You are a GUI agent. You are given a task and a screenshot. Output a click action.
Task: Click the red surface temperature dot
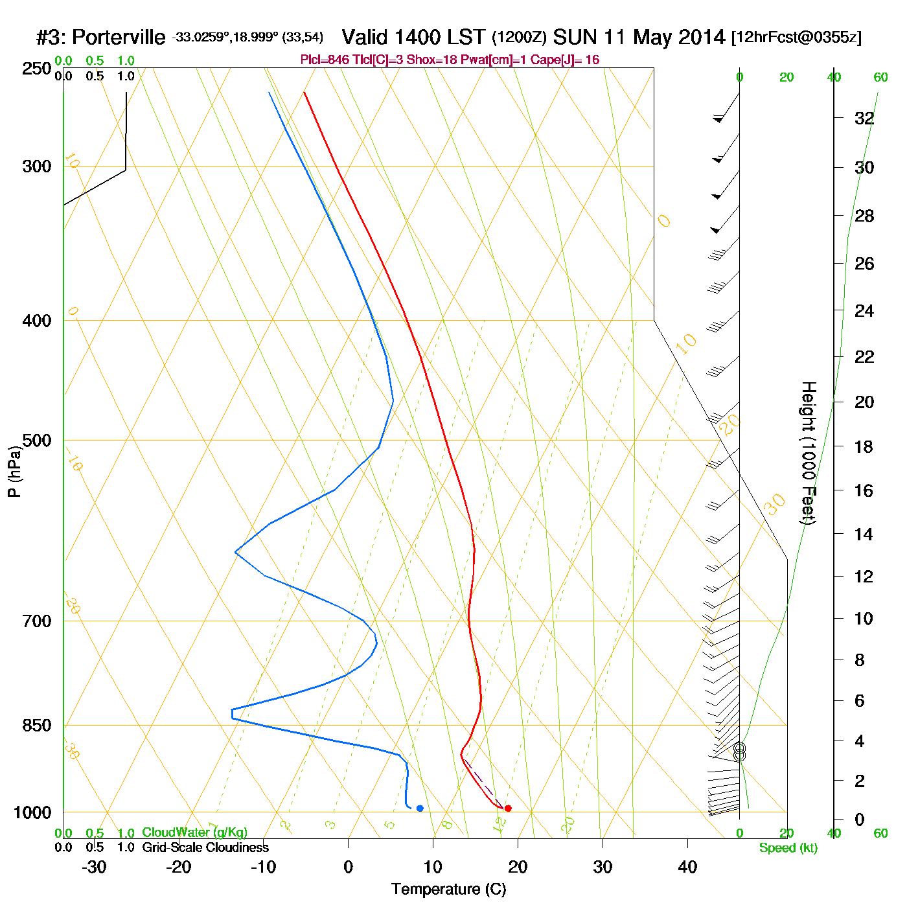coord(508,808)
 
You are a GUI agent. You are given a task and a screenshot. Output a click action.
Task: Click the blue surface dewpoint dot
coord(420,808)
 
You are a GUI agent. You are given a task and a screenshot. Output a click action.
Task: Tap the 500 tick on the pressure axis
coord(37,441)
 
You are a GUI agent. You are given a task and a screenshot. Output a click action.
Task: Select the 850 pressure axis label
coord(37,726)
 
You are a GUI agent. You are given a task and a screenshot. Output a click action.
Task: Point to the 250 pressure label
coord(37,69)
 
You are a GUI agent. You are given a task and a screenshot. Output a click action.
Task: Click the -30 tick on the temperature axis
coord(94,867)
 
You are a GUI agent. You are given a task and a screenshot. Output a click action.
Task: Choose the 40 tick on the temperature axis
coord(687,867)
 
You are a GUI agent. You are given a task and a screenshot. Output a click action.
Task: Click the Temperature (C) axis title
coord(448,890)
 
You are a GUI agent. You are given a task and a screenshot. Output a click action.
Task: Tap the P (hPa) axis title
coord(14,472)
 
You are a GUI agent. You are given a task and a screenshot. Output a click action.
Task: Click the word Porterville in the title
coord(119,38)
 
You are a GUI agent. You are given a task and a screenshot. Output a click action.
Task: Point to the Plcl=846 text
coord(325,60)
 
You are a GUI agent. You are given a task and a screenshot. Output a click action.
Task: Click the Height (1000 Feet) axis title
coord(809,453)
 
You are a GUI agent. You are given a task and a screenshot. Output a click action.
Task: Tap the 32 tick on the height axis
coord(864,119)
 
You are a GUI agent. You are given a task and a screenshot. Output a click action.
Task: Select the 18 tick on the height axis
coord(864,446)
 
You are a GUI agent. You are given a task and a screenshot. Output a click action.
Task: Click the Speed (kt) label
coord(788,848)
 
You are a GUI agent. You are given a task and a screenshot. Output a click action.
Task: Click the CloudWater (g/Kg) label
coord(194,832)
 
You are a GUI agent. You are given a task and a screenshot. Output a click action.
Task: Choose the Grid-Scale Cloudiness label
coord(205,847)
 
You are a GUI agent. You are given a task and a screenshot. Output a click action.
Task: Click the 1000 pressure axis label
coord(32,812)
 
